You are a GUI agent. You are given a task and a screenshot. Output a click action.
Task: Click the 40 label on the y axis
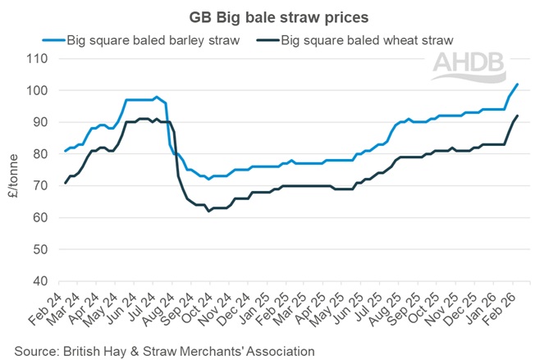pos(39,281)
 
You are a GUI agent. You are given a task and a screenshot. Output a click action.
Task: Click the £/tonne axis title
pos(13,169)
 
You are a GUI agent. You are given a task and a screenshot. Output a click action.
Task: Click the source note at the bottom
pos(165,350)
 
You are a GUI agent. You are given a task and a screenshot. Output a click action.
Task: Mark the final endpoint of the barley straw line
pos(517,84)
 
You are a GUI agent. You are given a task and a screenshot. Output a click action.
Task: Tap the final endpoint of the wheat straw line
pos(517,116)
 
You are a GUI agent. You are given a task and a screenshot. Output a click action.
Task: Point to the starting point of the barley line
pos(66,151)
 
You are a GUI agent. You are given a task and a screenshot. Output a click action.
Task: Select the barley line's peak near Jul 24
pos(157,97)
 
